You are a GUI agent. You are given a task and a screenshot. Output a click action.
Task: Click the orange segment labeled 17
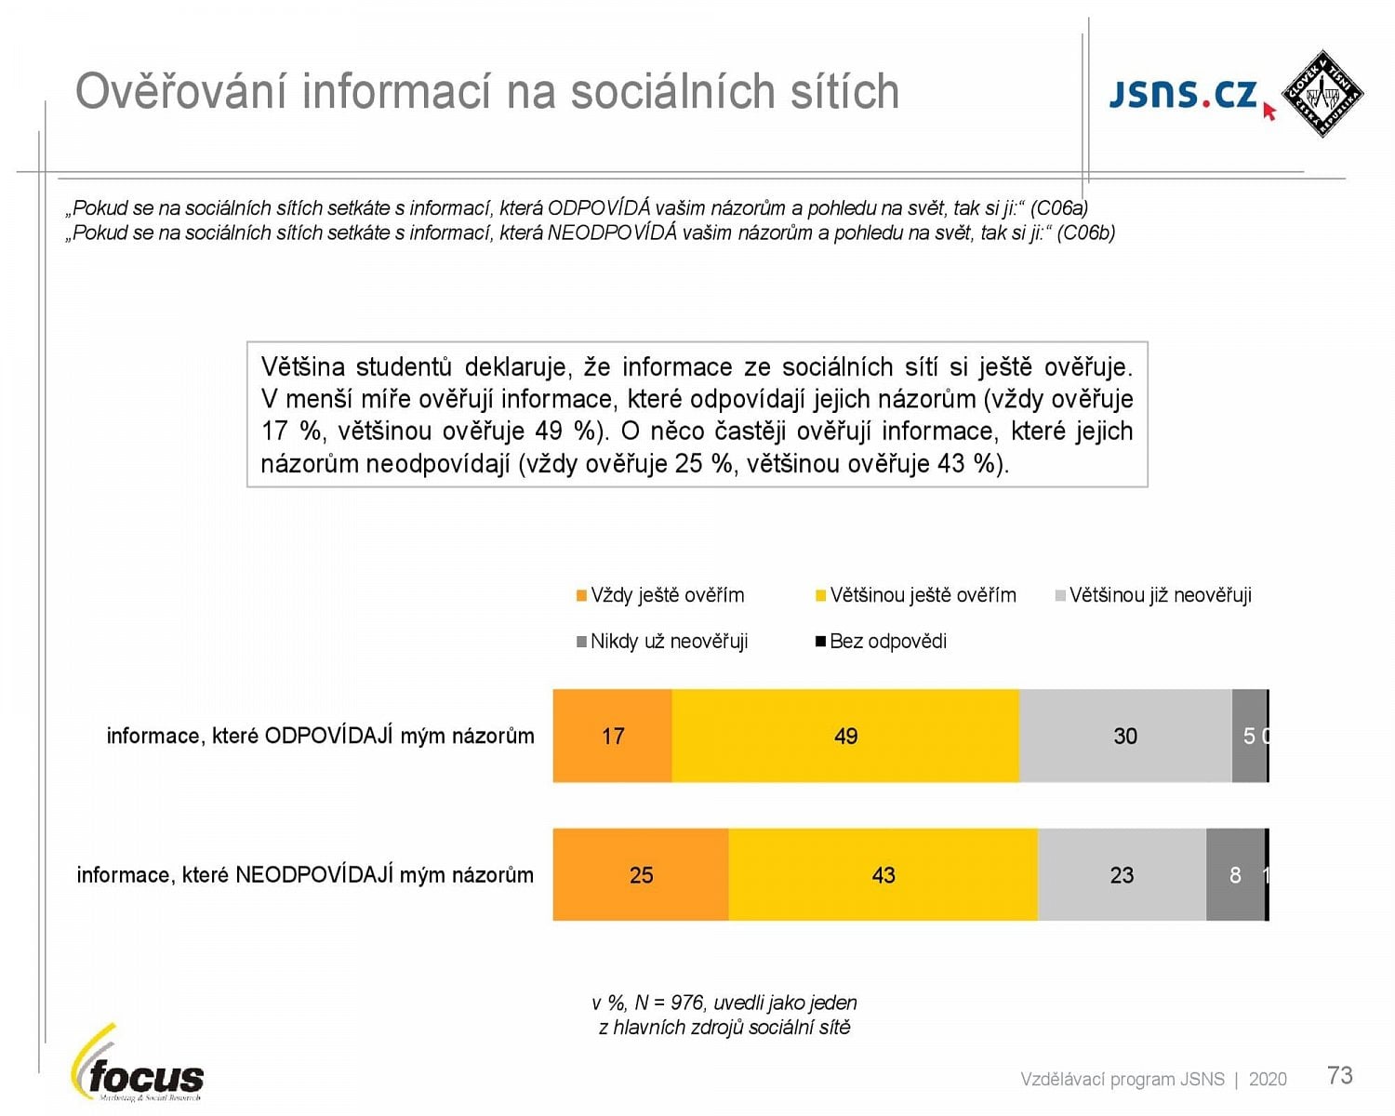pos(612,736)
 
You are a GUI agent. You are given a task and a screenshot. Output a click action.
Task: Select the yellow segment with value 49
pos(845,736)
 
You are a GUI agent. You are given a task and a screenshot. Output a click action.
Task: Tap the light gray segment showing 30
pos(1125,736)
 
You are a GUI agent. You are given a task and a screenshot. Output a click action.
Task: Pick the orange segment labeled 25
pos(641,875)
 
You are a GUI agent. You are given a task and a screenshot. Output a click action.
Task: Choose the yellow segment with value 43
pos(883,875)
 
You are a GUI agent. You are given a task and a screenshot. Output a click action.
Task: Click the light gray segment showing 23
pos(1122,875)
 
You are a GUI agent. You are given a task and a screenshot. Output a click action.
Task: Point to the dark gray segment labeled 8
pos(1235,875)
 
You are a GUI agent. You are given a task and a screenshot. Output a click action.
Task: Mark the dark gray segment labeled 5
pos(1249,736)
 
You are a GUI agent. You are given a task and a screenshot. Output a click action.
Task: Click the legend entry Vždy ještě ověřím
pos(667,595)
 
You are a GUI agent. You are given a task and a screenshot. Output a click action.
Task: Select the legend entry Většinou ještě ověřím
pos(922,595)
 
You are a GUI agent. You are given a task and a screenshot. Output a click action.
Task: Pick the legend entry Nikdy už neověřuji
pos(669,642)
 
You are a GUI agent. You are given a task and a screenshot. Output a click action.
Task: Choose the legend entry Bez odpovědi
pos(887,642)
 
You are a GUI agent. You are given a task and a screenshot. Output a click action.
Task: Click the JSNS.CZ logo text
pos(1183,95)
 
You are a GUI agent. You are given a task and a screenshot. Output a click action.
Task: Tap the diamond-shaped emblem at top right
pos(1322,94)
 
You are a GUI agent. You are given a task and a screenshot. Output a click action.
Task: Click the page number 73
pos(1339,1076)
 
